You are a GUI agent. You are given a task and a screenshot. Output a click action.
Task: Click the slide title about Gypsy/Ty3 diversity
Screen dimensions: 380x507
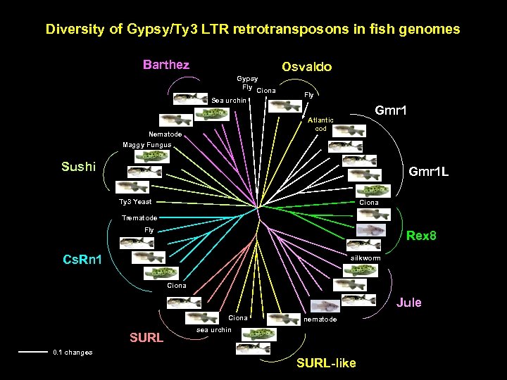pos(253,30)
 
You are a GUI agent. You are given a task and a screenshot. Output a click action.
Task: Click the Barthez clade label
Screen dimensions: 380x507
pos(166,65)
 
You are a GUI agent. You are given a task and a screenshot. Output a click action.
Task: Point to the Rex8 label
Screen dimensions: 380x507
pos(421,236)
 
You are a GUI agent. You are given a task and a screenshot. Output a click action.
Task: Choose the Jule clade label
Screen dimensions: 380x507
pos(409,303)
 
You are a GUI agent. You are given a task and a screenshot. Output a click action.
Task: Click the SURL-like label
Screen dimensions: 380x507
pos(326,363)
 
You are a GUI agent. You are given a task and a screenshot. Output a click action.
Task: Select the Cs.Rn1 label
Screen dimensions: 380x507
pos(82,260)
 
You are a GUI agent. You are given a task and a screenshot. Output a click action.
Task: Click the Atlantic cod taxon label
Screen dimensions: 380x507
pos(320,125)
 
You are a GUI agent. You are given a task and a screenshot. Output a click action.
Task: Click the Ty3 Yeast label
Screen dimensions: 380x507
pos(136,202)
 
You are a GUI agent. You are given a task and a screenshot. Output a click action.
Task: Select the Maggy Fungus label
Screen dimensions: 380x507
pos(146,145)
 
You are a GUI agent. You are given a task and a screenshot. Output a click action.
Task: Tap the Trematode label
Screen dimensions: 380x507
pos(139,217)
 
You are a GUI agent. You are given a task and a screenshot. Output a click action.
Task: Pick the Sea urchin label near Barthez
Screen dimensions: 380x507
pos(229,101)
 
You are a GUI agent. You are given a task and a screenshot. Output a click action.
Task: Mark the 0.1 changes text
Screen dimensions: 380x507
pos(73,352)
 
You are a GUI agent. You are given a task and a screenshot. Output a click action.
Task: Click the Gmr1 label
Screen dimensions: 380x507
pos(394,111)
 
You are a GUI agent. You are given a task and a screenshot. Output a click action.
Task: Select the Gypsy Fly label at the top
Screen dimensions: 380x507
pos(247,82)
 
